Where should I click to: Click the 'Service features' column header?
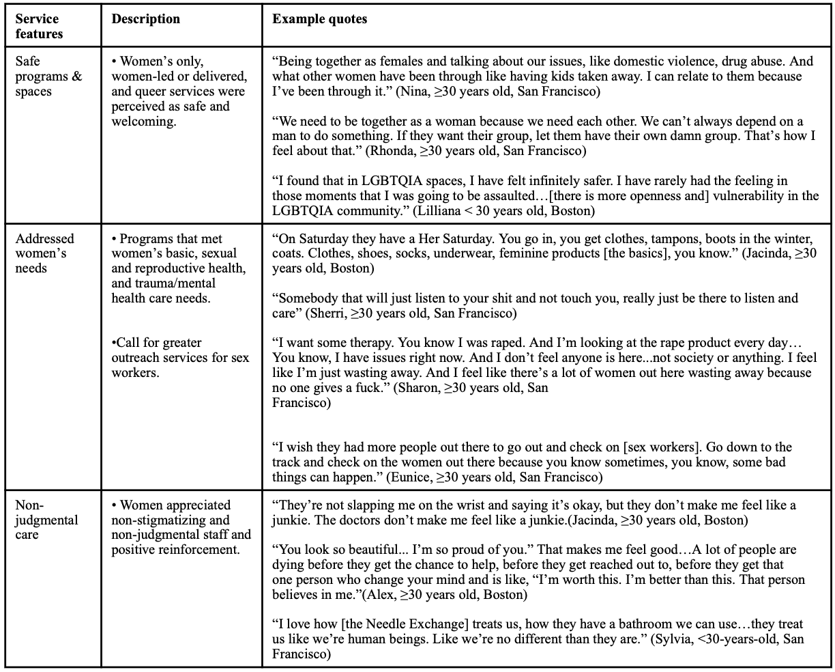38,26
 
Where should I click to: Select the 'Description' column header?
146,19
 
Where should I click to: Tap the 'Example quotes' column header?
319,19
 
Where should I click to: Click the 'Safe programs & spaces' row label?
48,76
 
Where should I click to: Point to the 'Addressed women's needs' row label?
45,253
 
